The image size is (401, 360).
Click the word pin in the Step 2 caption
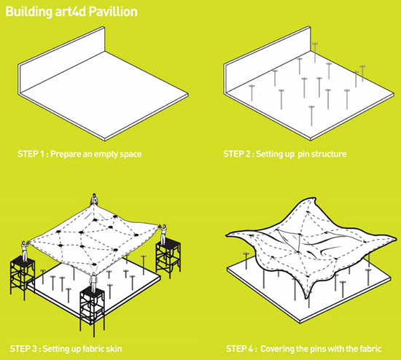click(x=303, y=154)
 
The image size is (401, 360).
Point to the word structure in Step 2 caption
click(x=329, y=154)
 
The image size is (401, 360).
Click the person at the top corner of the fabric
click(x=94, y=200)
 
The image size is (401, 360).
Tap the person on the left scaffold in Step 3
click(x=25, y=251)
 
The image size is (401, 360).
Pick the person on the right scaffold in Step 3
click(x=163, y=235)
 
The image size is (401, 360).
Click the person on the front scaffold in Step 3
click(x=93, y=283)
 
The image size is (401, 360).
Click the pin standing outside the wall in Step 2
click(x=315, y=52)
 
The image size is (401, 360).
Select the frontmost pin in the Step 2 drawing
click(x=311, y=116)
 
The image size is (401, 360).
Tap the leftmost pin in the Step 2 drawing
click(x=252, y=93)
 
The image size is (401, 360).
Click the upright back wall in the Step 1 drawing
click(x=62, y=60)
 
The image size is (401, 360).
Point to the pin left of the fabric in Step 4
click(x=246, y=261)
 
